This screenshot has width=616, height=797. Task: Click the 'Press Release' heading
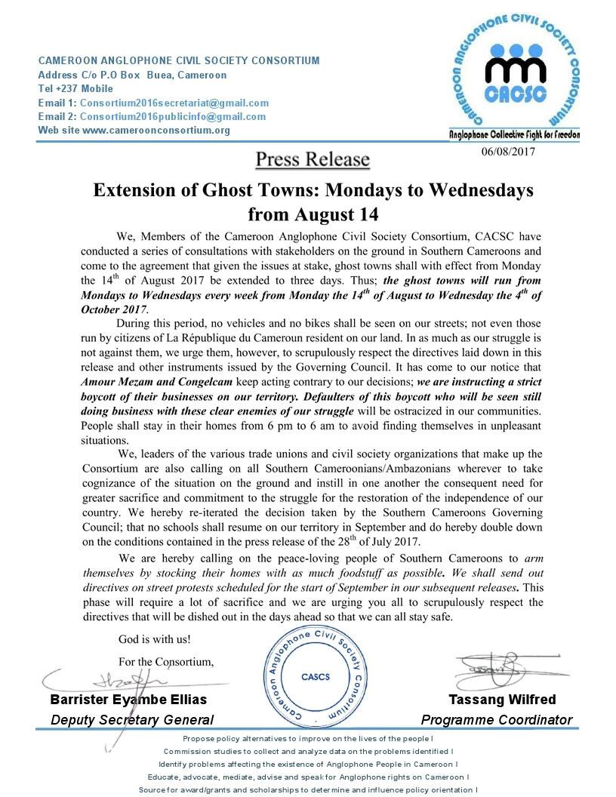pos(312,159)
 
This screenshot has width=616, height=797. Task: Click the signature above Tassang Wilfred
pos(491,668)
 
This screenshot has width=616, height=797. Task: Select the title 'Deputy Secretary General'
pos(132,720)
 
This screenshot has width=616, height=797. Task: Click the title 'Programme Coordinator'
pos(496,720)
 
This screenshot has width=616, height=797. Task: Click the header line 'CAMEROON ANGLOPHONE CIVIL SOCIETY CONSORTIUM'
pos(179,60)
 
